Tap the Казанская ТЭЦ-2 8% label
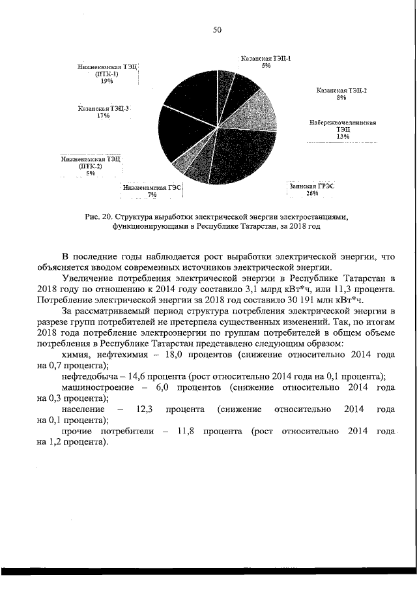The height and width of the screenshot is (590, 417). pyautogui.click(x=341, y=94)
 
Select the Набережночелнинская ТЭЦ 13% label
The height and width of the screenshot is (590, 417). pyautogui.click(x=342, y=129)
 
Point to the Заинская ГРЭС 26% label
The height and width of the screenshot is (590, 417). pyautogui.click(x=311, y=189)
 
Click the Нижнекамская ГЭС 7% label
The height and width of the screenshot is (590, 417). pyautogui.click(x=152, y=190)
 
